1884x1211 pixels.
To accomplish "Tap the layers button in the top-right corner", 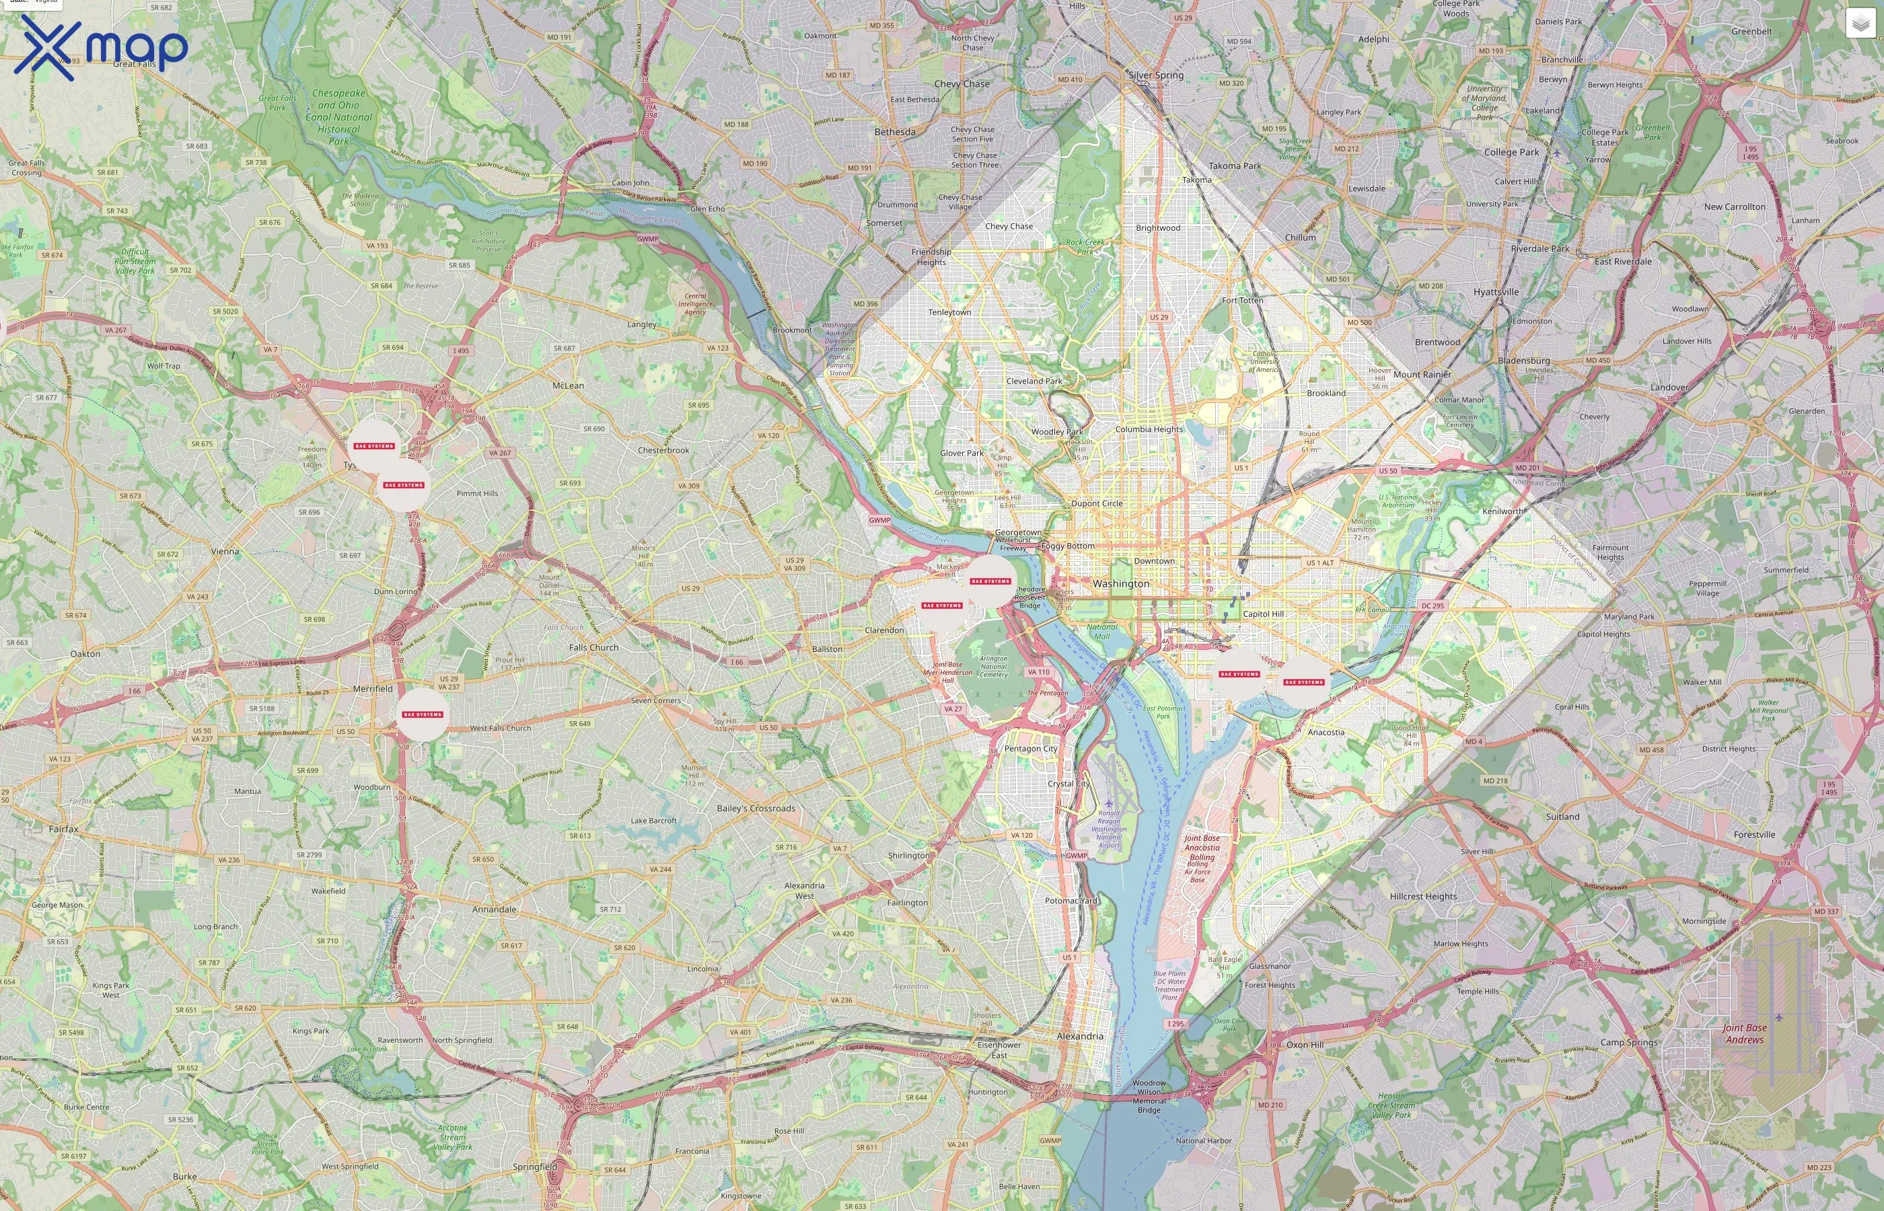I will (x=1860, y=24).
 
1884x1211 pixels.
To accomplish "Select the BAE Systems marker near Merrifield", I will (x=423, y=714).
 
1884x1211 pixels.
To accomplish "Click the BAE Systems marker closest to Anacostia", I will (x=1304, y=682).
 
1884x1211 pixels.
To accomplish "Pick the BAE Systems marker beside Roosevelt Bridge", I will (x=990, y=581).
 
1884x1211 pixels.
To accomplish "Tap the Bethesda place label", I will (x=895, y=132).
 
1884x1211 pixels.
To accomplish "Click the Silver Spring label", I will (x=1155, y=75).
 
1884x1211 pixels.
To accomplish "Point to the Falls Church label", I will (x=593, y=647).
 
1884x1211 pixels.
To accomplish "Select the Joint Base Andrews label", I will (x=1744, y=1033).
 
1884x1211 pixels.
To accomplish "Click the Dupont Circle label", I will (x=1096, y=503).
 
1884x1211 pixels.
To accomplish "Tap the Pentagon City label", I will (x=1030, y=749).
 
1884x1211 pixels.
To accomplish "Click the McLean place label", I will (x=568, y=386).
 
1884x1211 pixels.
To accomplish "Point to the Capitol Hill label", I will (x=1263, y=614).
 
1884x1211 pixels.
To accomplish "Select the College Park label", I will (x=1511, y=153).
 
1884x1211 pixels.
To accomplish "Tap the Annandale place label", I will (x=494, y=909).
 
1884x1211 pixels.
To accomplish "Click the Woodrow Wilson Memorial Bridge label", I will (x=1149, y=1096).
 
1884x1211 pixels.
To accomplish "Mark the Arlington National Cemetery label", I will (x=993, y=667).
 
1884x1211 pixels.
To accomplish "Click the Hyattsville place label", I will (x=1496, y=292).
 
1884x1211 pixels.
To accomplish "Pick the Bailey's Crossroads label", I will (x=756, y=809).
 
